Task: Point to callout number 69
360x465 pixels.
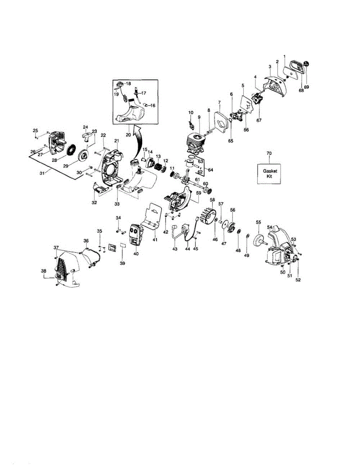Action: pyautogui.click(x=307, y=88)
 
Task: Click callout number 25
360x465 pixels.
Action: pyautogui.click(x=35, y=130)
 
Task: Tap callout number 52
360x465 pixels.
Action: pyautogui.click(x=298, y=279)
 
